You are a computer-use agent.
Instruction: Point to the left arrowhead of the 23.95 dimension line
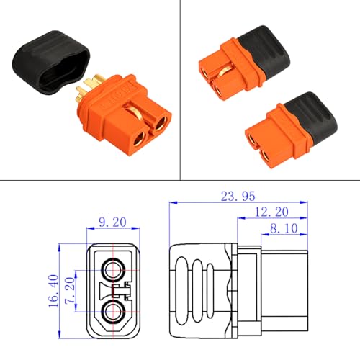[172, 204]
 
